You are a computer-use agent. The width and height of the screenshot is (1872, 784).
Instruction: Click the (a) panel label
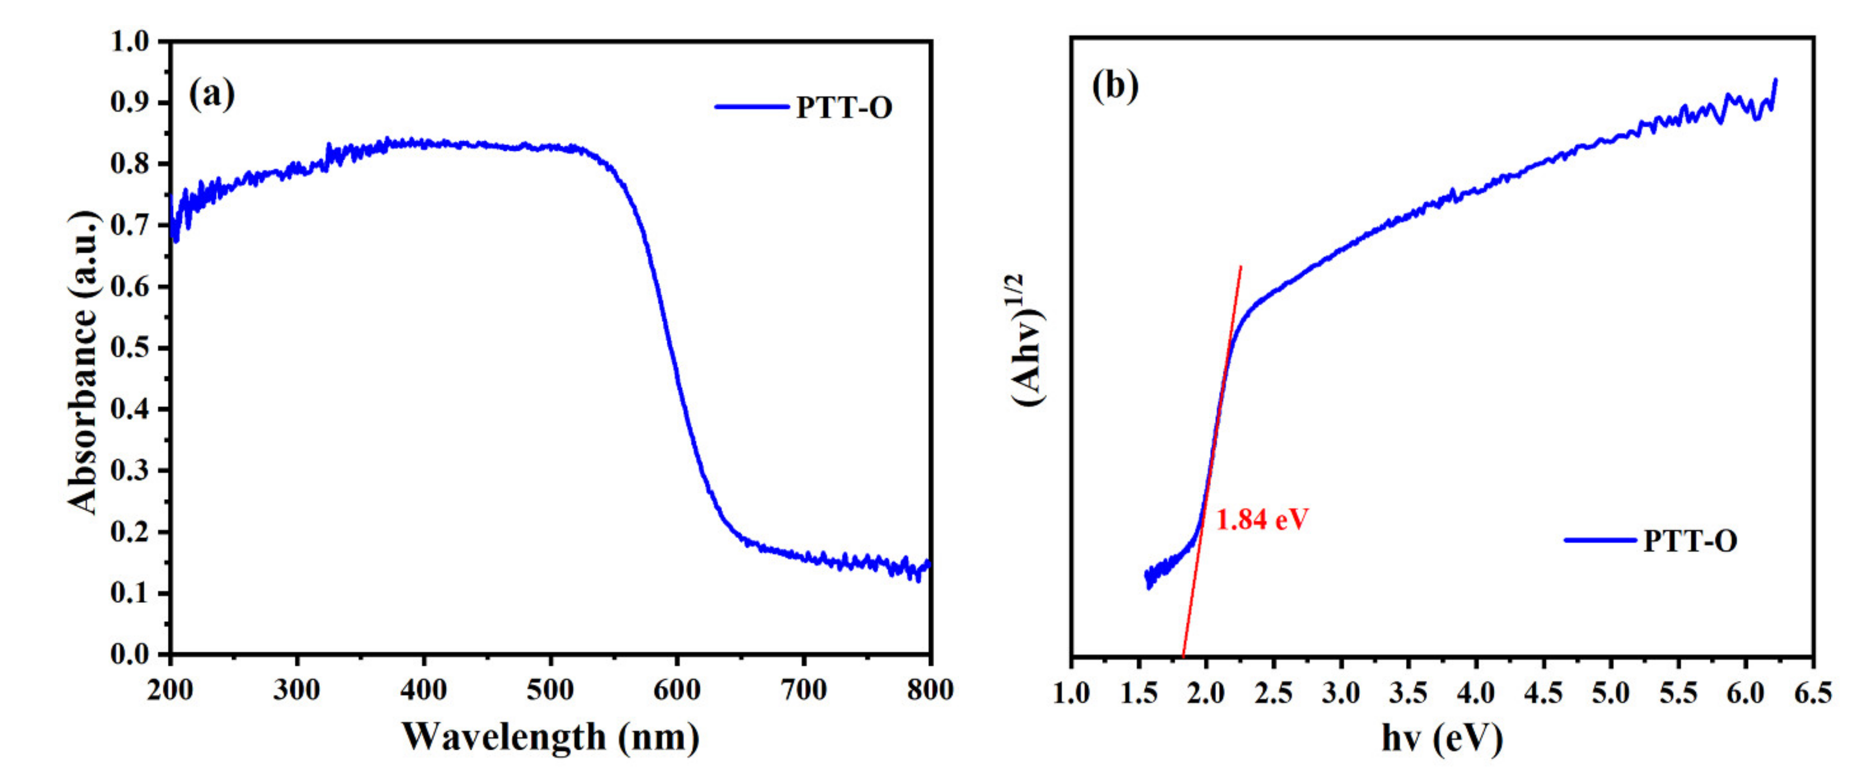click(x=212, y=95)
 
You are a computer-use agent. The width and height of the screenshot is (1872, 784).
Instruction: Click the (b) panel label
click(x=1115, y=86)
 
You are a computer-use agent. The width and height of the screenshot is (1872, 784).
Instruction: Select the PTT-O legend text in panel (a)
click(x=844, y=108)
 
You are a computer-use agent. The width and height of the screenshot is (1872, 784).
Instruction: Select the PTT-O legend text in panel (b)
click(x=1690, y=541)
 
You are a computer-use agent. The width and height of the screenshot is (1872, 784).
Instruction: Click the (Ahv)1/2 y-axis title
click(x=1026, y=340)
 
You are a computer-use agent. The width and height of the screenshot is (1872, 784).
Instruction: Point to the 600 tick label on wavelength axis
click(x=676, y=689)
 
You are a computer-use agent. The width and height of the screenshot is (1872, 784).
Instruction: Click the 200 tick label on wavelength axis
click(x=170, y=689)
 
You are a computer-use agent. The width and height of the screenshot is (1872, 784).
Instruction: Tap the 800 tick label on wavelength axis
click(x=929, y=689)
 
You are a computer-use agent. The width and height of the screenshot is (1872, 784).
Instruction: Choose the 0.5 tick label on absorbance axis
click(x=131, y=348)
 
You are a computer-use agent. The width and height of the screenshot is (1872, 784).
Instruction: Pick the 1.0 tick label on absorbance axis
click(x=131, y=42)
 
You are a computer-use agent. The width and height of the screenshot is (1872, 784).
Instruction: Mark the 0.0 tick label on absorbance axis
click(x=131, y=655)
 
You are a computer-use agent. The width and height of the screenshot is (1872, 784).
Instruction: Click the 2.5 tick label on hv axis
click(x=1273, y=693)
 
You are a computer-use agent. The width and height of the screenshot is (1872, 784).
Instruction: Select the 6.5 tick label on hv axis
click(x=1813, y=693)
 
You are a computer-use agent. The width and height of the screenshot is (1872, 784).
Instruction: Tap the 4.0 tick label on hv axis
click(x=1476, y=693)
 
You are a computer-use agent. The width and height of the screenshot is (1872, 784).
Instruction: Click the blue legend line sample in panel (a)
click(x=751, y=107)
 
